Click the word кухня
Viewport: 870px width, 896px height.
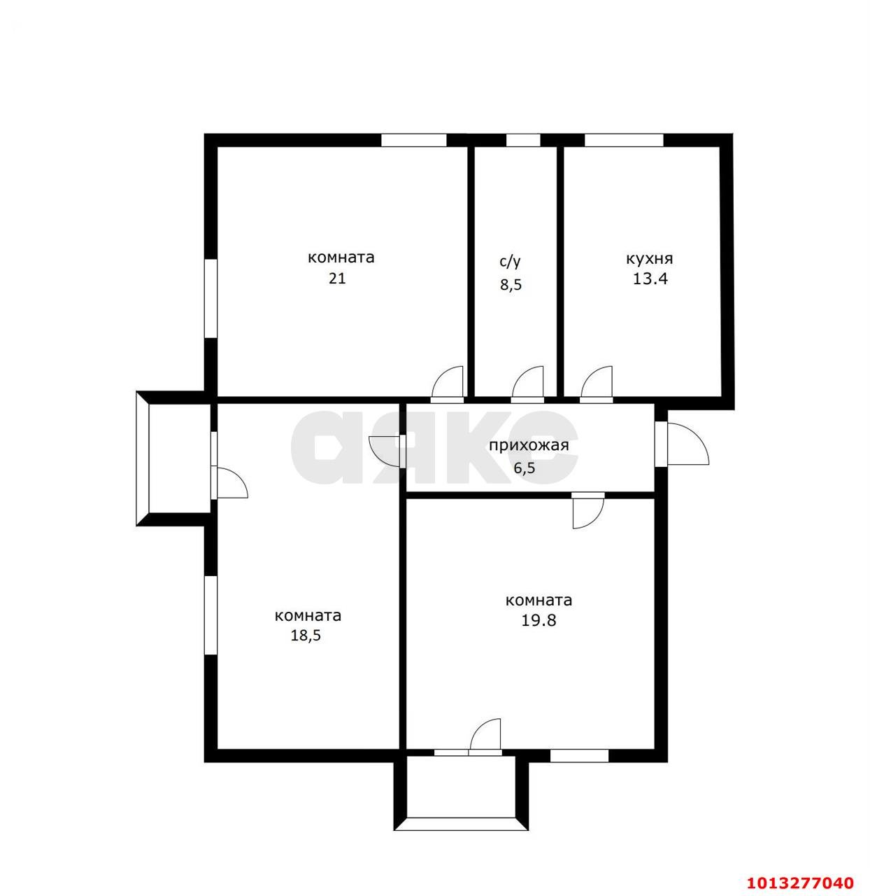(x=649, y=258)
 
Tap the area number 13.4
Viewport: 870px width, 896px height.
(x=650, y=279)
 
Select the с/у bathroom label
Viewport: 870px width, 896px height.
(x=510, y=262)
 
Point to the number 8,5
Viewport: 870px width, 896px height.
(x=511, y=285)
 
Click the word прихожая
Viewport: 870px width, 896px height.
(x=529, y=445)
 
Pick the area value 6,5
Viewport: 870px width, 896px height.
(x=525, y=468)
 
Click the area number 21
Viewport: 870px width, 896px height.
(x=337, y=278)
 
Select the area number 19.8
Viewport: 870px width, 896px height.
(x=539, y=620)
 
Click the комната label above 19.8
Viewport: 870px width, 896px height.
(x=539, y=600)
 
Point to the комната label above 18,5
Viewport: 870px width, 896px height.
(x=308, y=615)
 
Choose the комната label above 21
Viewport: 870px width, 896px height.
(x=341, y=258)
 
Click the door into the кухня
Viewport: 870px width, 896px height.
(x=597, y=385)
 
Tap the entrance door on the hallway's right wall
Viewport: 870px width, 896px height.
(x=685, y=444)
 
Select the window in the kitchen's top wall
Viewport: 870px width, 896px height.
(x=624, y=140)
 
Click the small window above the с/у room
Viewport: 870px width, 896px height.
(x=518, y=140)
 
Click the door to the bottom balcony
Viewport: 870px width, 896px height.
(x=486, y=737)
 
